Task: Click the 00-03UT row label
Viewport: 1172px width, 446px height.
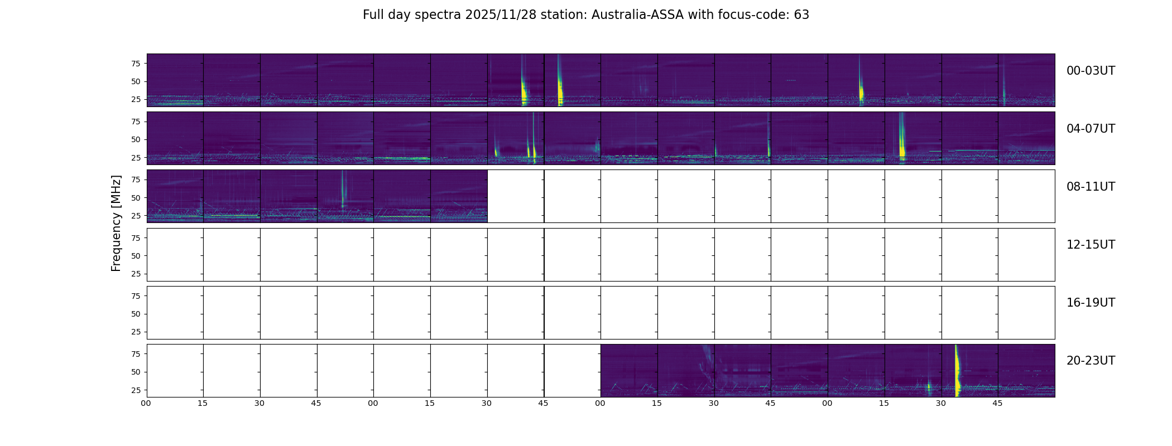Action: click(1091, 71)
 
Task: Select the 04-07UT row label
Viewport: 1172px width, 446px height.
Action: click(1091, 129)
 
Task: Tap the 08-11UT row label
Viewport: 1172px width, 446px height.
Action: click(1091, 187)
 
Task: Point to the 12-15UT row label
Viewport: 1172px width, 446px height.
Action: click(1091, 245)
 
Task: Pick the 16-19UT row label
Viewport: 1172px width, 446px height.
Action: click(1091, 303)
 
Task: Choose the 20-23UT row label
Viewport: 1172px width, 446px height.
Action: click(1091, 361)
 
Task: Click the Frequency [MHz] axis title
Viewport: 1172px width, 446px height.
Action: click(116, 223)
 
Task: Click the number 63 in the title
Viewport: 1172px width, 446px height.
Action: click(801, 15)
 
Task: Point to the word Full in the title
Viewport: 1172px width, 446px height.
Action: click(373, 15)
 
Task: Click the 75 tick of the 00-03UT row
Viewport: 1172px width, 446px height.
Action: click(135, 64)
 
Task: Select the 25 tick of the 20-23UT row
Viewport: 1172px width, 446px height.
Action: click(135, 390)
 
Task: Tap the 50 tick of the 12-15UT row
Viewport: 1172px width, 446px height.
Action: click(135, 256)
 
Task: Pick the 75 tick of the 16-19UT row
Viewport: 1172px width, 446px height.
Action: click(135, 296)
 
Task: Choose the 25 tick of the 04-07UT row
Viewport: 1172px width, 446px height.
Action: click(135, 158)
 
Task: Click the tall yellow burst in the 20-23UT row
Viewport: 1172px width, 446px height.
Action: click(957, 370)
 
